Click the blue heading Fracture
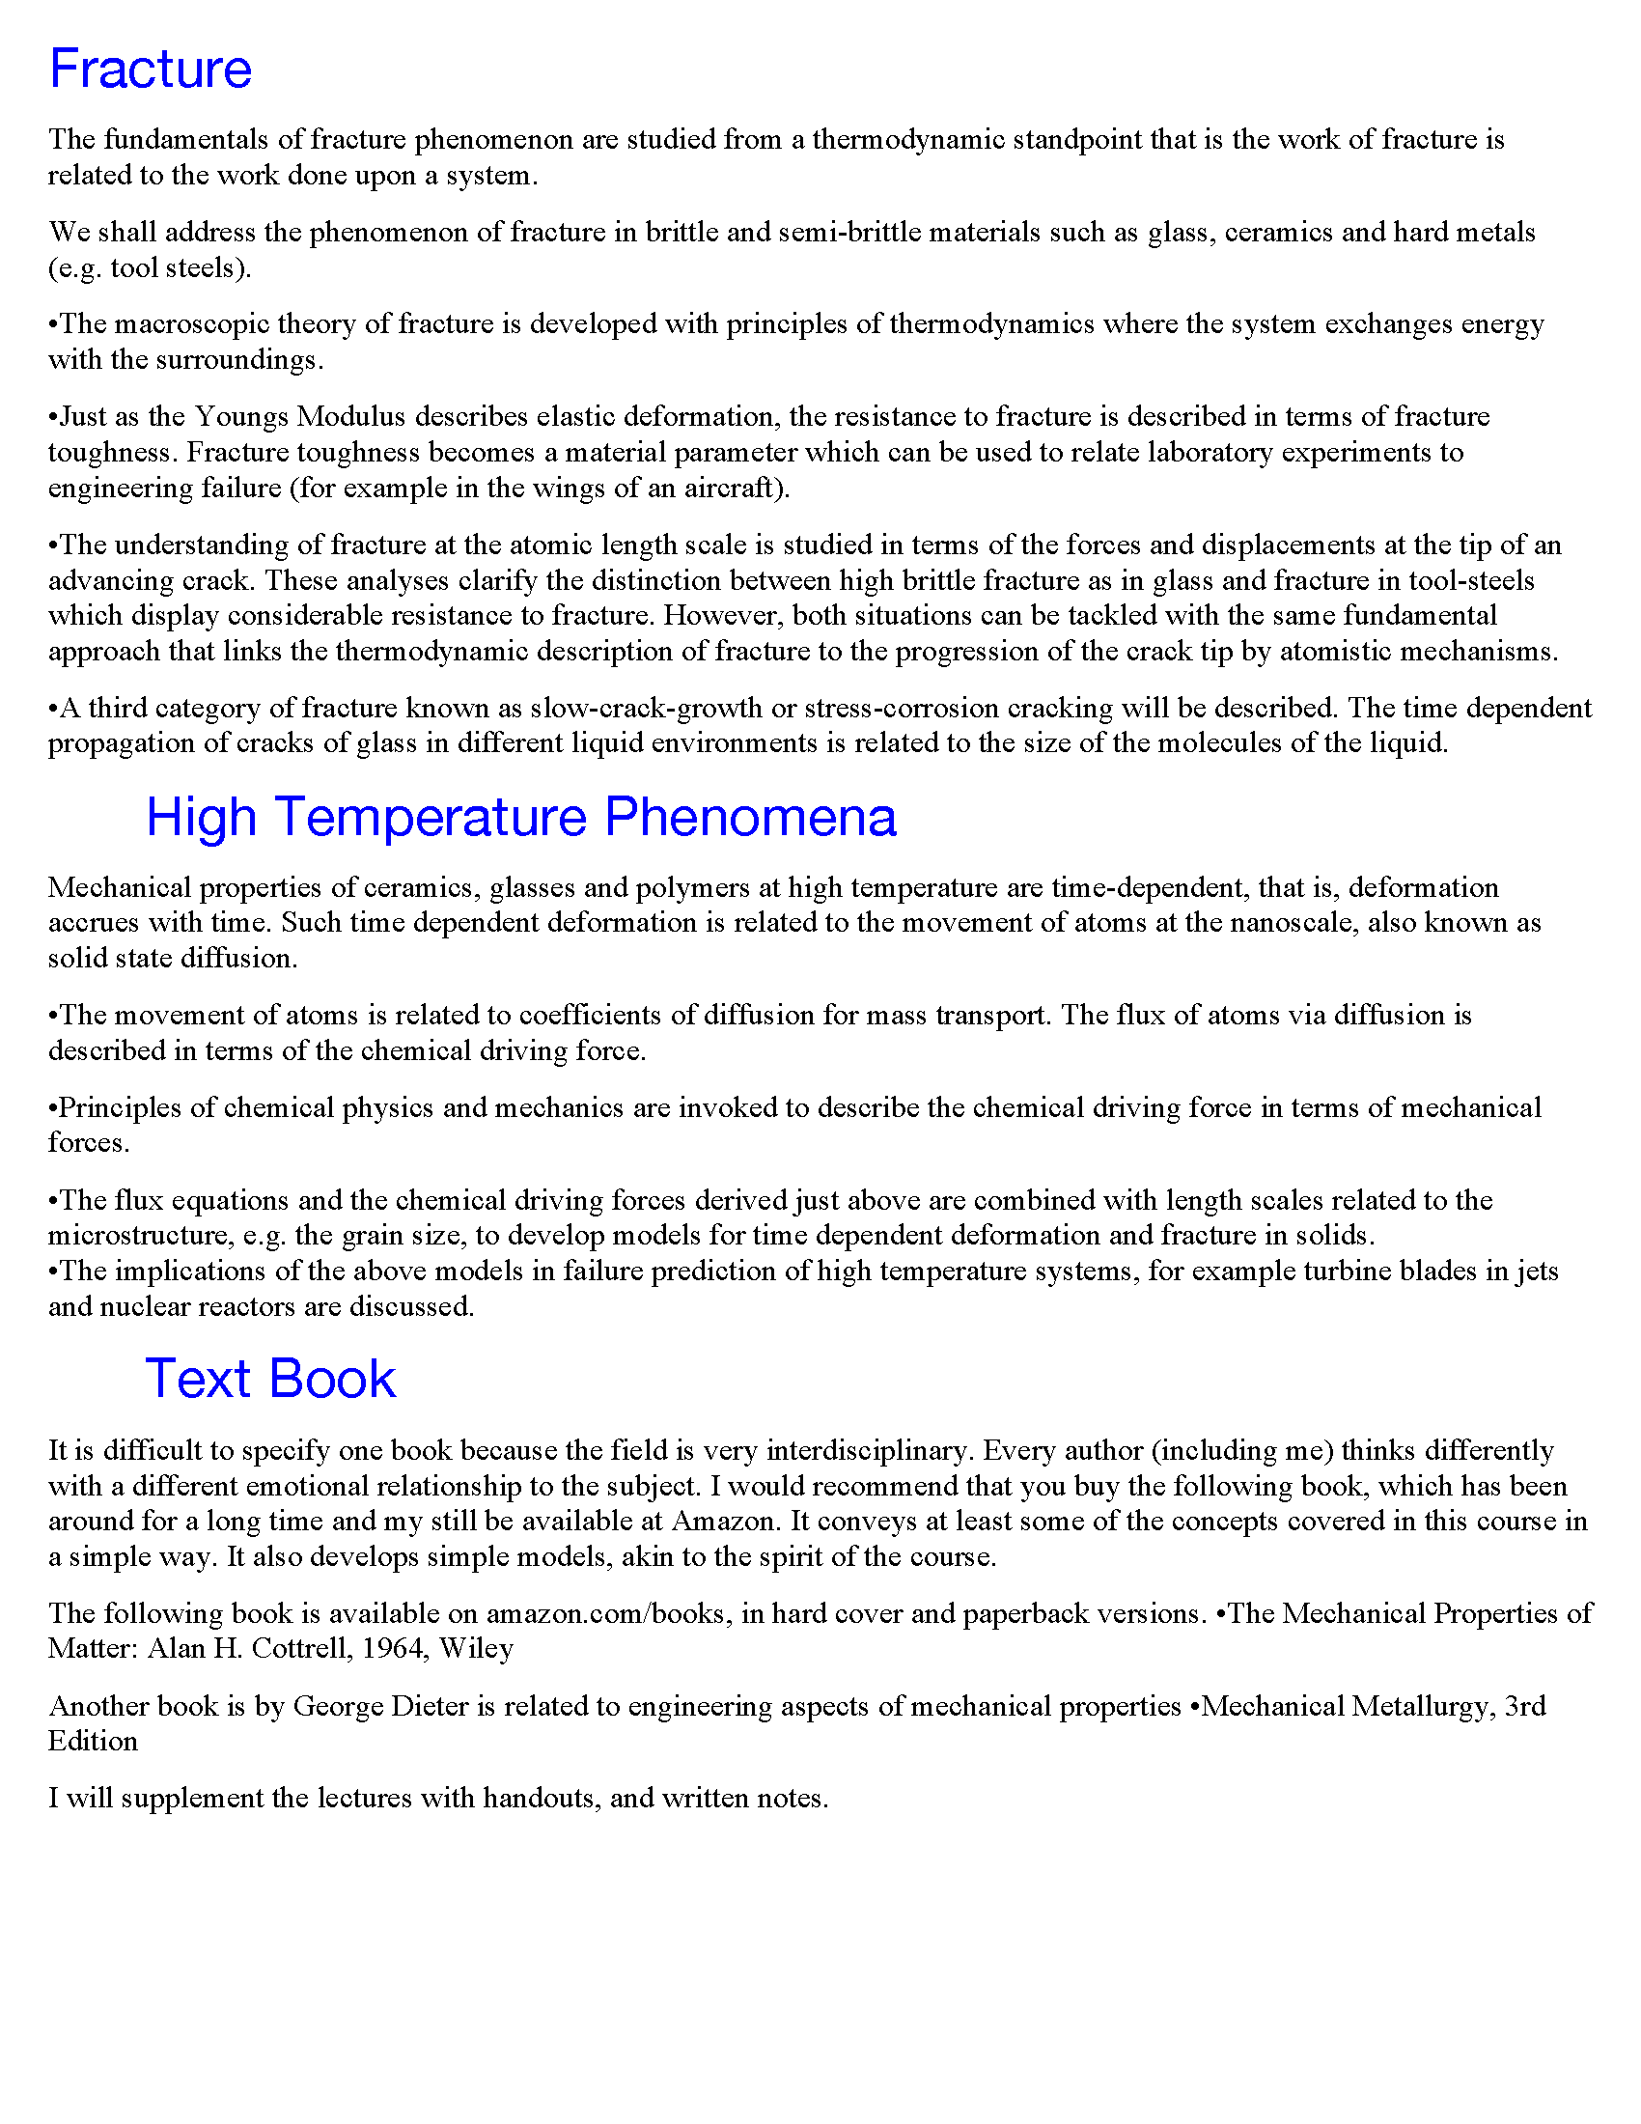(151, 70)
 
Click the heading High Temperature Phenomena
(520, 817)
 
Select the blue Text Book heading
(270, 1379)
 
